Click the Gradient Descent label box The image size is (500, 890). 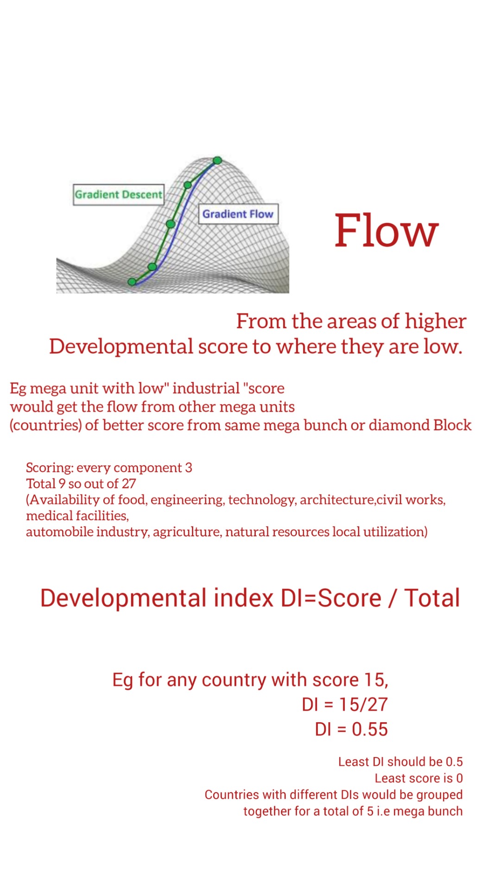click(119, 195)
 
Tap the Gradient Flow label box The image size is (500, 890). click(238, 214)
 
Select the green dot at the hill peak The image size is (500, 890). click(217, 160)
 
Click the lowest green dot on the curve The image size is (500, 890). click(132, 282)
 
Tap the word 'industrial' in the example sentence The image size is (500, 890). click(206, 388)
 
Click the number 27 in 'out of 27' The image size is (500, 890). click(129, 483)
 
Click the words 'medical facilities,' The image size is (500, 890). click(77, 515)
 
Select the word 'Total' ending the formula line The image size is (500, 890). click(432, 598)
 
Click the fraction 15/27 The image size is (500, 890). click(363, 705)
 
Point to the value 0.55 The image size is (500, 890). click(369, 729)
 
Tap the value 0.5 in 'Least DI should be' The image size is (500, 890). click(454, 762)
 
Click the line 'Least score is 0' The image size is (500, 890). click(419, 778)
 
